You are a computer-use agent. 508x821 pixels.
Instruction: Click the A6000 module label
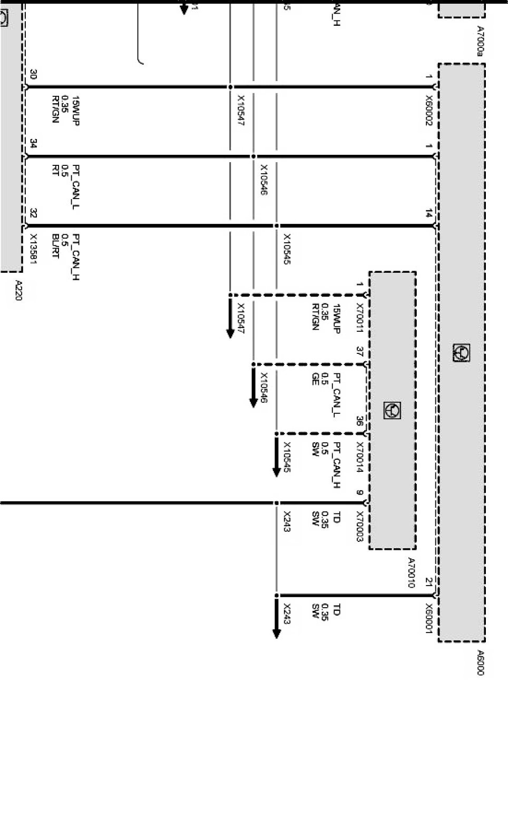click(480, 662)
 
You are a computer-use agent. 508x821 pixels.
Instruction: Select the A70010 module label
click(411, 572)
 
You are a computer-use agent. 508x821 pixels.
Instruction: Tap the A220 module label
click(18, 291)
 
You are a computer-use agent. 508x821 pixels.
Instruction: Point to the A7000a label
click(480, 41)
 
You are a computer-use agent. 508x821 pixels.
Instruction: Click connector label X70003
click(360, 526)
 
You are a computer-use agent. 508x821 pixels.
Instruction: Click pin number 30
click(33, 74)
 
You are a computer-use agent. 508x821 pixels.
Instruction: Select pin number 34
click(33, 144)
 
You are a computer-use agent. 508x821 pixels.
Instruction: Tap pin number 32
click(33, 213)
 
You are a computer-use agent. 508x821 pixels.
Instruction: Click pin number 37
click(360, 351)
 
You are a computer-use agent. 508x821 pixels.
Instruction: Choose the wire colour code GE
click(315, 379)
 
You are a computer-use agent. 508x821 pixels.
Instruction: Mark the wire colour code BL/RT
click(55, 246)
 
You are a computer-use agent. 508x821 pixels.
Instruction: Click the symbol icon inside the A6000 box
click(461, 352)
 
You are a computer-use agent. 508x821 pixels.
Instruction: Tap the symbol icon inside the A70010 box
click(392, 410)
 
